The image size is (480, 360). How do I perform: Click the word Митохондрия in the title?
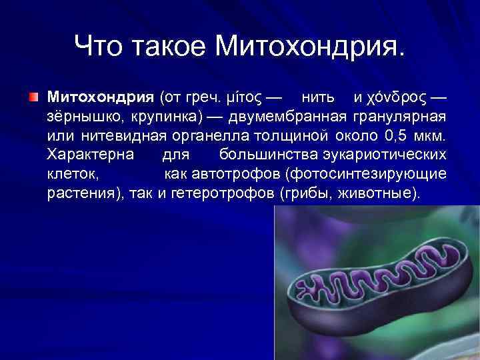click(310, 47)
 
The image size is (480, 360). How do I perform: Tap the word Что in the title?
click(100, 47)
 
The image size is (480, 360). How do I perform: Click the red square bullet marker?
click(33, 97)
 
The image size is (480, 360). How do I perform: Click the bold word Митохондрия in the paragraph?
click(100, 98)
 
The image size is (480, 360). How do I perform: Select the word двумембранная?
click(287, 118)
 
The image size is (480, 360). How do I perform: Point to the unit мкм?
click(431, 137)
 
